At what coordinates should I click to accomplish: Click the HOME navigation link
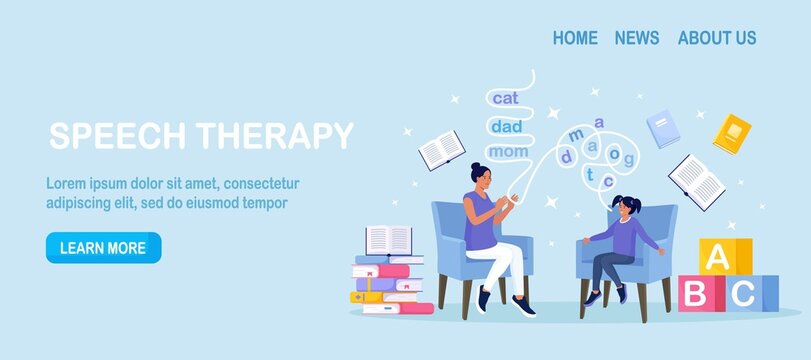575,38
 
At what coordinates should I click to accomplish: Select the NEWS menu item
637,38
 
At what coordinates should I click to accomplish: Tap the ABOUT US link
717,38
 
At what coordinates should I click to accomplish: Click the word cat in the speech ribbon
506,98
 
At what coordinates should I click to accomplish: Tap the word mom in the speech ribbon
509,152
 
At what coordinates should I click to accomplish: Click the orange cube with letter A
716,256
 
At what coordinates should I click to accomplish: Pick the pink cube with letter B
694,294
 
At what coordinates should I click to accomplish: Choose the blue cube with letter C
743,294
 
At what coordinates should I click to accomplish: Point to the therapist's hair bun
476,168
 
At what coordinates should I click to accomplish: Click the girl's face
629,209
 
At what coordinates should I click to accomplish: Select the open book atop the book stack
389,240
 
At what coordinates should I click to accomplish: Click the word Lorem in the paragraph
67,183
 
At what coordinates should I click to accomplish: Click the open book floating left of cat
441,151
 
